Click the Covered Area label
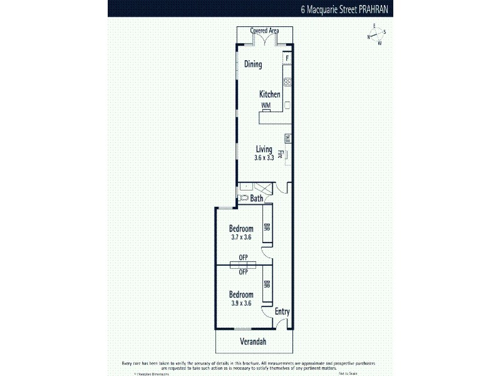point(264,31)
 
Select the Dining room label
point(252,65)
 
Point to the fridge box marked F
point(287,58)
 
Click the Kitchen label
point(270,95)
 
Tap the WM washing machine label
point(266,105)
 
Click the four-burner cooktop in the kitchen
point(287,81)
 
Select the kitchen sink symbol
point(287,105)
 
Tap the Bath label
point(257,199)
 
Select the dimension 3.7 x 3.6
point(240,236)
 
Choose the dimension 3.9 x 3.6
point(240,303)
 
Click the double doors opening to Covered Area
point(264,41)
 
